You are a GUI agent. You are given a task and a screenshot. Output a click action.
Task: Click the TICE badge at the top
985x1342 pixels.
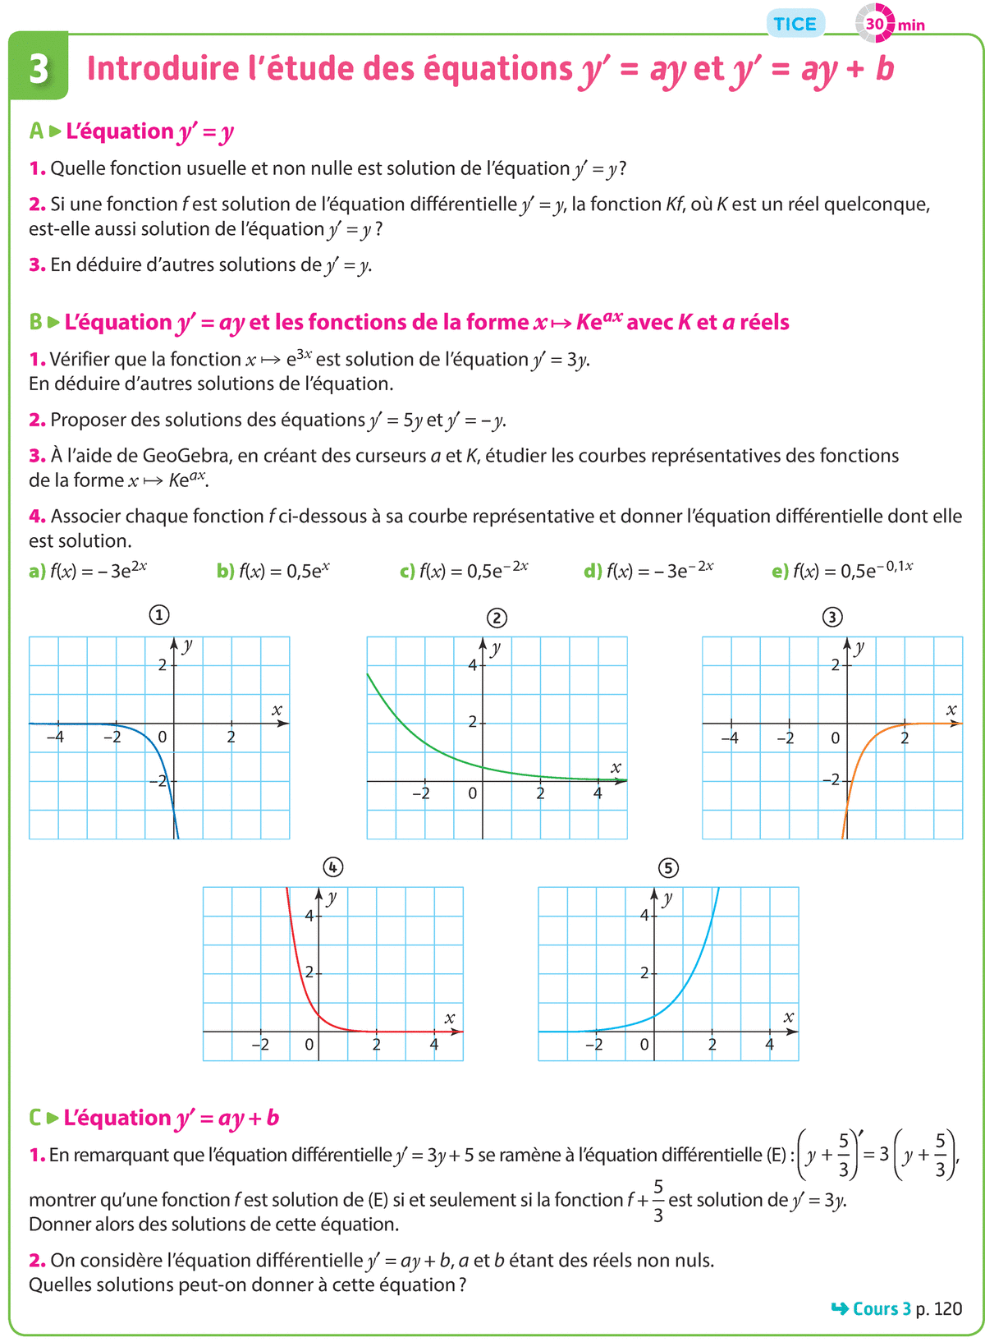pos(795,24)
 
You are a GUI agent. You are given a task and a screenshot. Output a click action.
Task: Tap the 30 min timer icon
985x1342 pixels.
pos(875,24)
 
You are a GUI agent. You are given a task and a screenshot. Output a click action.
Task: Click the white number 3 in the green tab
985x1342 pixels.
pos(39,70)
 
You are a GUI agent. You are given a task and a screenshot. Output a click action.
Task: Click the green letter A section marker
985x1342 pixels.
pos(36,131)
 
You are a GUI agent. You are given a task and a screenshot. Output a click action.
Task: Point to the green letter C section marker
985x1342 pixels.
pos(35,1118)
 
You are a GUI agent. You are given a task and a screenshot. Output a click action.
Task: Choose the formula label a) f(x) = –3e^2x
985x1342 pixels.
pos(89,571)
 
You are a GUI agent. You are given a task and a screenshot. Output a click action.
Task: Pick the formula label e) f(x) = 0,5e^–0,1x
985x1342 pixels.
pos(843,571)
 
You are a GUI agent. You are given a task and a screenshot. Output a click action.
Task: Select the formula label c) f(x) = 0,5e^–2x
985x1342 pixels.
pos(465,571)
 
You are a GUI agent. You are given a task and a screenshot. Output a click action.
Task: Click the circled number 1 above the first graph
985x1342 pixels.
pos(159,615)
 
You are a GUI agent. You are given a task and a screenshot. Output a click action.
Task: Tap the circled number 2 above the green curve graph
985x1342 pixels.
pos(497,618)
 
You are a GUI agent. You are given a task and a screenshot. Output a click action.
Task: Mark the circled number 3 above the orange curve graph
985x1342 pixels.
pos(832,617)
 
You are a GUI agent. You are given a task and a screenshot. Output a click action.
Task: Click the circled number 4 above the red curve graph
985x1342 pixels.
pos(332,867)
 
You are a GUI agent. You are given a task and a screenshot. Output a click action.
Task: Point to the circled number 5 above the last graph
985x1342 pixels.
pos(668,867)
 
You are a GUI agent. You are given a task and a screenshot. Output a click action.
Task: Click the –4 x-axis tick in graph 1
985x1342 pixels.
pos(56,738)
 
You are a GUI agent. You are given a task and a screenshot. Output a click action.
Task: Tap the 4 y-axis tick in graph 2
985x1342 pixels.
pos(472,665)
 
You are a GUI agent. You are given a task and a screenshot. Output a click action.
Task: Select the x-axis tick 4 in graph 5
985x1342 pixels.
pos(769,1045)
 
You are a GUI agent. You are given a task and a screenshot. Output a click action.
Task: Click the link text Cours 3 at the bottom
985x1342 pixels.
pos(882,1308)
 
